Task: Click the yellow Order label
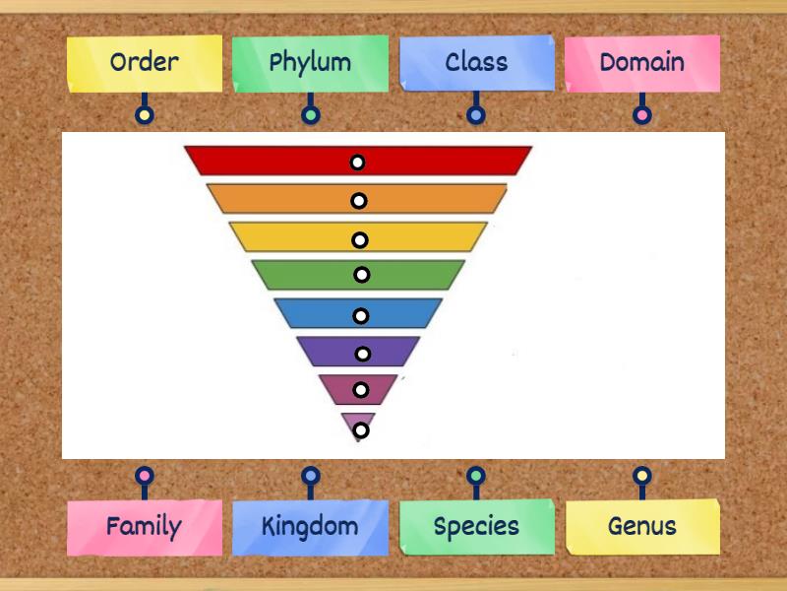point(145,63)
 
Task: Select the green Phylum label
point(310,63)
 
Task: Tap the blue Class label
point(476,63)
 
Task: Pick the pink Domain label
point(641,63)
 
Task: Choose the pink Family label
point(145,526)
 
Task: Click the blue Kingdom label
point(310,526)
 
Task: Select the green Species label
point(476,526)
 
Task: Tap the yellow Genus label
point(641,526)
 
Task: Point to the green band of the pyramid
point(305,275)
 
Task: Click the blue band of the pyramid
point(315,313)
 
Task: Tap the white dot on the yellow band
point(360,239)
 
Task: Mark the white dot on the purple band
point(363,354)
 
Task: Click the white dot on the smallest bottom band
point(361,429)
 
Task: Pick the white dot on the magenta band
point(361,390)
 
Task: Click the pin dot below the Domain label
point(641,115)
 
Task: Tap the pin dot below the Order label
point(145,115)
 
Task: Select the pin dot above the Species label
point(476,477)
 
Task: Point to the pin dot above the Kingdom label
point(310,477)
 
